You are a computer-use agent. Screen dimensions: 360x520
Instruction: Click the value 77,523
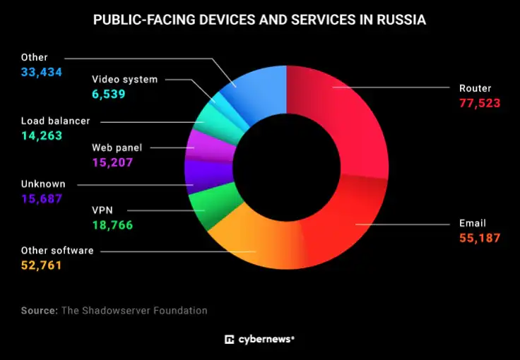coord(480,103)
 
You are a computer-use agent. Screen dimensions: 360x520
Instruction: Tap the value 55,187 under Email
coord(480,239)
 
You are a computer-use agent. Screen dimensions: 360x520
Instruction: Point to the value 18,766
coord(112,225)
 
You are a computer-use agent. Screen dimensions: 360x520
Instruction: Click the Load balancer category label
coord(55,121)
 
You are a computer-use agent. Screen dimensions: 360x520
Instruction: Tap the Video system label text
coord(125,79)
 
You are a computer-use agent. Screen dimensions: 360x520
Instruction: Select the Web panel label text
coord(117,148)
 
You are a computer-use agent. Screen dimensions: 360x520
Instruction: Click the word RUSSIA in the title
coord(400,20)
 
